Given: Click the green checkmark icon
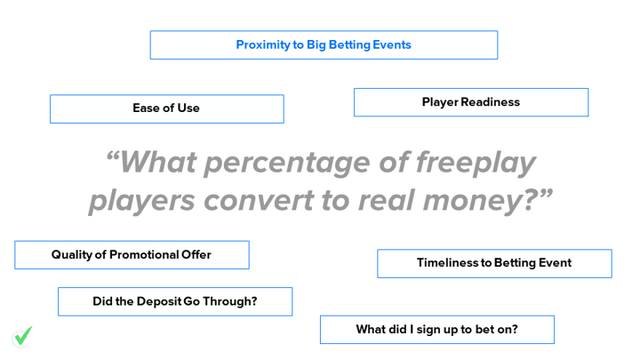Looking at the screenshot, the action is pos(23,336).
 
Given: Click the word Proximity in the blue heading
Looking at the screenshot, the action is pos(263,45).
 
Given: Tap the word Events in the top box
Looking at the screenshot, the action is pos(392,44).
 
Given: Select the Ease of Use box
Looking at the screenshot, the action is pos(167,109).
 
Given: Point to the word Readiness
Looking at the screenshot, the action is pos(490,101).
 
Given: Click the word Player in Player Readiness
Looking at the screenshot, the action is pos(440,102).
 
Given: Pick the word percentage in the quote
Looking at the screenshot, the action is pos(286,164).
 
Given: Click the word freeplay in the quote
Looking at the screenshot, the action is pos(476,164).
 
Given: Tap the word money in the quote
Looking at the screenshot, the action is pos(474,202).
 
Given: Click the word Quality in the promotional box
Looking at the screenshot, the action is pos(72,255).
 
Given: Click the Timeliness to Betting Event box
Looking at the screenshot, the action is pos(494,264).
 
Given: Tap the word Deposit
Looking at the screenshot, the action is pos(159,301).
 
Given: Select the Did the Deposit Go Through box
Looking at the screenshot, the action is pos(175,301).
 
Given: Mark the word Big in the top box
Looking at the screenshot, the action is pos(316,45).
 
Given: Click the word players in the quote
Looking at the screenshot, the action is pos(142,202).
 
